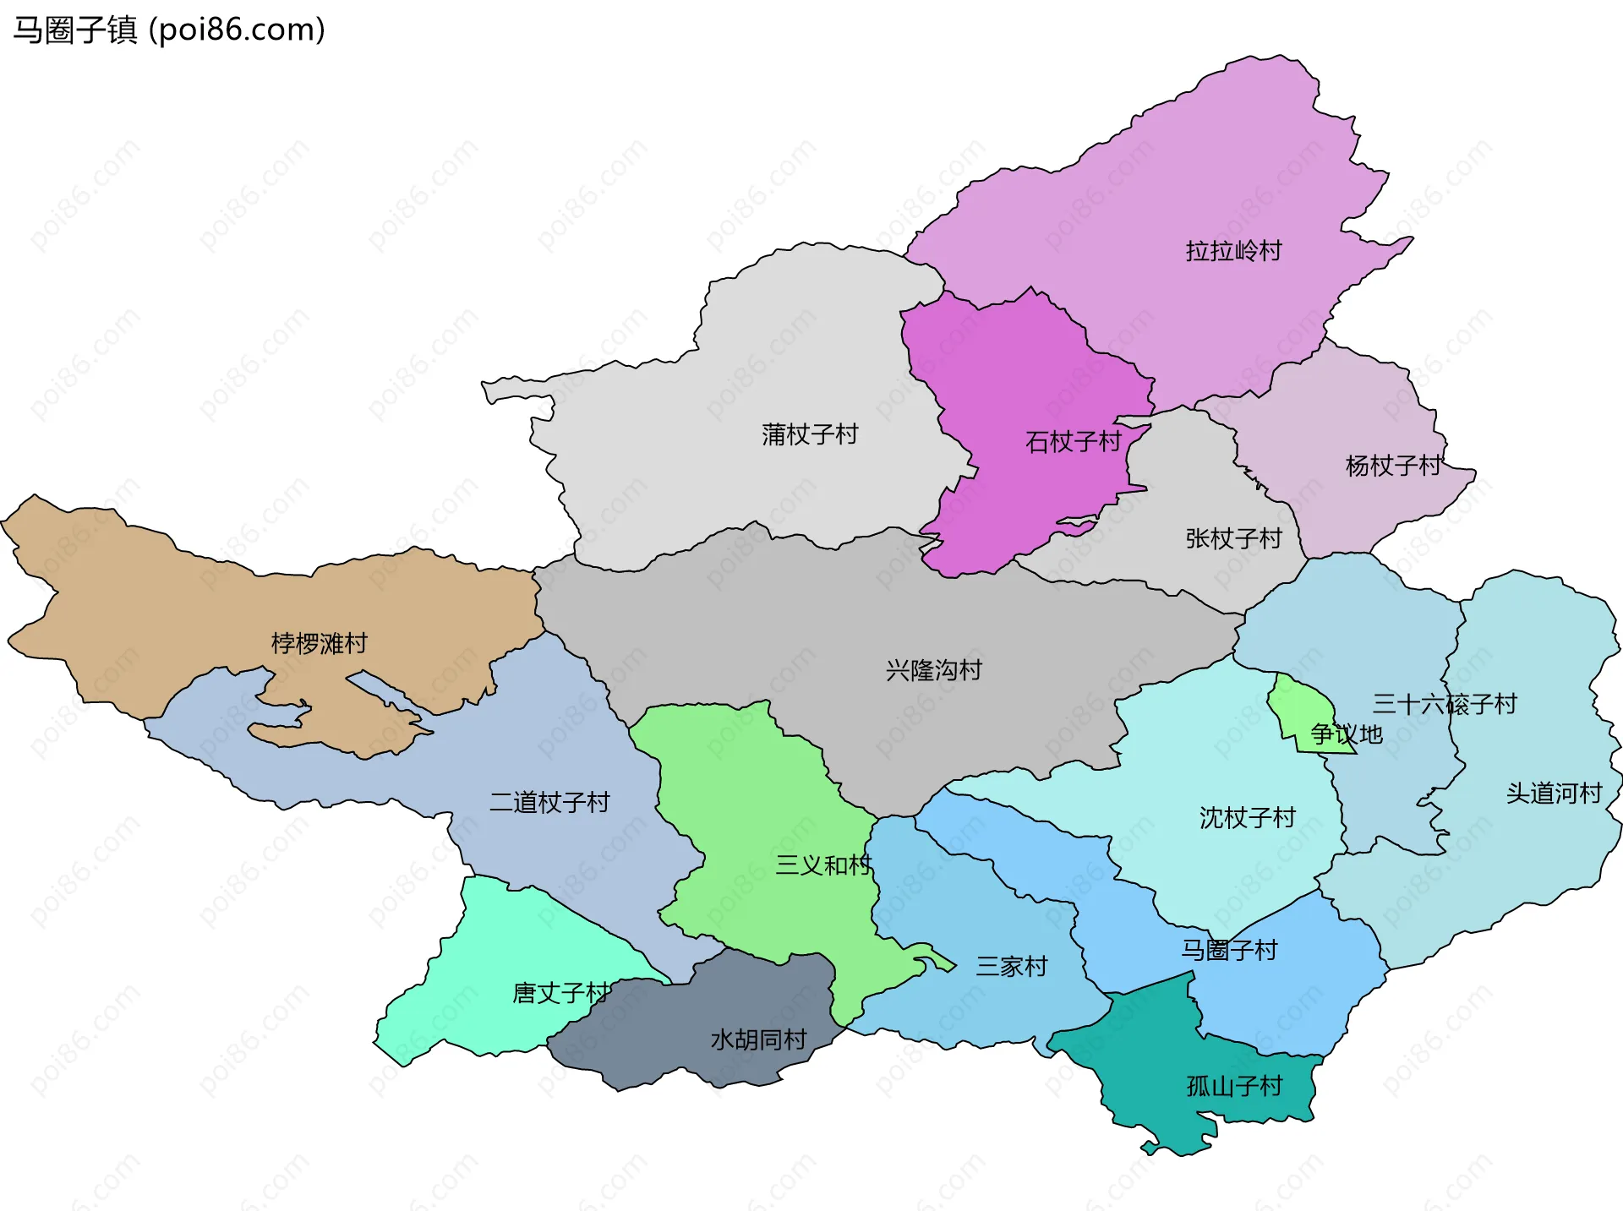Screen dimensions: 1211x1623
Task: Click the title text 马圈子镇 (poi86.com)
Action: point(169,30)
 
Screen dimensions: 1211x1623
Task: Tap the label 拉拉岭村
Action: point(1233,251)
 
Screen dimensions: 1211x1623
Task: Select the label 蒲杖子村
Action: point(809,434)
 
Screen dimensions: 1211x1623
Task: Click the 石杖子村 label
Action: point(1073,442)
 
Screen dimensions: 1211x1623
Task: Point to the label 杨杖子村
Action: point(1392,466)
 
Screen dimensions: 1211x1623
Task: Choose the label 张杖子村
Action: point(1233,538)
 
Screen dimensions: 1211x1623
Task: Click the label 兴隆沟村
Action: point(933,671)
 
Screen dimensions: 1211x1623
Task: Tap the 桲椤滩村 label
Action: point(319,644)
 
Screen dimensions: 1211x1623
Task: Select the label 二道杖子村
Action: point(549,802)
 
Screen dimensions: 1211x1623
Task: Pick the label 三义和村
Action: point(822,865)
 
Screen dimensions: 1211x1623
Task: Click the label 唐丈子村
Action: point(560,993)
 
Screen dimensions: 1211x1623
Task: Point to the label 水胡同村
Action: point(758,1039)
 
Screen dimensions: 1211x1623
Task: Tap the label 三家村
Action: point(1011,966)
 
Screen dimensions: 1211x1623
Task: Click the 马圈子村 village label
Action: point(1228,951)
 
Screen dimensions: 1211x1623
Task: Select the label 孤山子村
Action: point(1234,1086)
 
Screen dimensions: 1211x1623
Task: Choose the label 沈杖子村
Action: point(1247,818)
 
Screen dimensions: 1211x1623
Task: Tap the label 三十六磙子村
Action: point(1444,704)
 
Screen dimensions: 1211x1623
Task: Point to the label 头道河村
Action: point(1554,794)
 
